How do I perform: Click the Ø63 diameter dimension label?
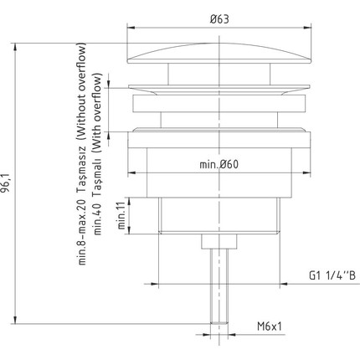[219, 19]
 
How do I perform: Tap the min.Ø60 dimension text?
[219, 164]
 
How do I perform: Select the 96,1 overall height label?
[6, 183]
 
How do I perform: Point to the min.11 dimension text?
[121, 215]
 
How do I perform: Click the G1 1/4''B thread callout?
[332, 275]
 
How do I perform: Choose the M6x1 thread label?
[270, 326]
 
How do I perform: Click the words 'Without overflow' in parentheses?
[81, 91]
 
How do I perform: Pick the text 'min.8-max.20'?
[81, 233]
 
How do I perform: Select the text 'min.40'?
[98, 219]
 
